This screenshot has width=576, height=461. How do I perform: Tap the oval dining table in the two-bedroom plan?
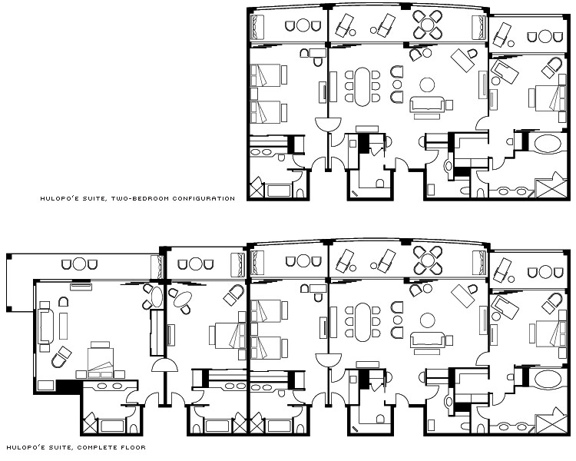(x=362, y=86)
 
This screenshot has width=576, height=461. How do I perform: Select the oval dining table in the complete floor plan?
(x=362, y=322)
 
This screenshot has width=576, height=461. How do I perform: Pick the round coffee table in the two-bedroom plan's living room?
(x=427, y=85)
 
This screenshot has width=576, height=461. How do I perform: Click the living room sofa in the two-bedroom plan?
(x=427, y=104)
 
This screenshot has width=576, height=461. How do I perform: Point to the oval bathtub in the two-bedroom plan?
(x=548, y=144)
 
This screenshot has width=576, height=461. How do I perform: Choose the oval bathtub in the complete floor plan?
(x=548, y=379)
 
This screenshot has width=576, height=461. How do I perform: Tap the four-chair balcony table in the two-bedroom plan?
(x=428, y=25)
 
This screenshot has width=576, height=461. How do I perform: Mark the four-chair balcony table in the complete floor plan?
(x=428, y=260)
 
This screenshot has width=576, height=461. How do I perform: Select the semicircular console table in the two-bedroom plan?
(x=329, y=124)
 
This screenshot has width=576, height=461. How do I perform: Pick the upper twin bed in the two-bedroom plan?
(x=269, y=75)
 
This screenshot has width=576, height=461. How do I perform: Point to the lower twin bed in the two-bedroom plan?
(x=269, y=112)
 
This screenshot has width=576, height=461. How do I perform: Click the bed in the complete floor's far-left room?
(x=101, y=362)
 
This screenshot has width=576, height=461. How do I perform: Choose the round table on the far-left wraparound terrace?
(x=79, y=264)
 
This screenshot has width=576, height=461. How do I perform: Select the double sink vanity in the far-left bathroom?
(x=110, y=386)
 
